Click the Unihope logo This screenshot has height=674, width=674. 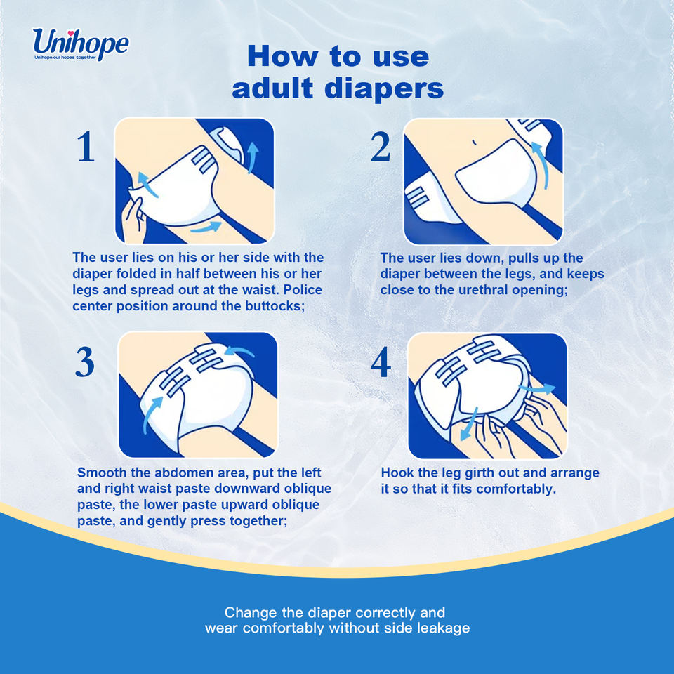pos(80,44)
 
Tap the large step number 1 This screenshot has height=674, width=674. pos(86,147)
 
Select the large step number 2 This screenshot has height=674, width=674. pos(381,147)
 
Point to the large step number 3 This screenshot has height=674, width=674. pos(85,362)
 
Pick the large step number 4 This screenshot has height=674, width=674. pos(381,362)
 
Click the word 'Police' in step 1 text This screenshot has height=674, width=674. pos(303,290)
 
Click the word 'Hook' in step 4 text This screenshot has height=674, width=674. pos(397,473)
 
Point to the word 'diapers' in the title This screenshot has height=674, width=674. pos(384,89)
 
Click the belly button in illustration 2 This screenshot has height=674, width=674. pos(474,143)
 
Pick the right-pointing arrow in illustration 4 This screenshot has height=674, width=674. pos(537,389)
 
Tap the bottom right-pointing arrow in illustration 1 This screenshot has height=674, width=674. pos(206,227)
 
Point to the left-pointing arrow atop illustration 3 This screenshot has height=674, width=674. pos(239,351)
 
